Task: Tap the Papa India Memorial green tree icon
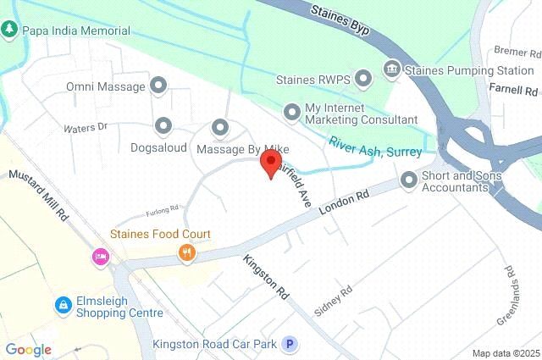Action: (x=9, y=29)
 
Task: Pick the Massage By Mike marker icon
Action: (x=220, y=128)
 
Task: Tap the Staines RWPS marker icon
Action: (x=363, y=80)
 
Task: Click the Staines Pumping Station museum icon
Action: (x=391, y=68)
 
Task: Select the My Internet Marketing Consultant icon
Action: (x=292, y=111)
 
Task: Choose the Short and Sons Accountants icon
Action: (x=409, y=180)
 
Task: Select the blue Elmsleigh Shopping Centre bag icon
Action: (x=62, y=304)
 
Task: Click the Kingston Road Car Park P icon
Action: (x=290, y=344)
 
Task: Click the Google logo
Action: (x=28, y=349)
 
